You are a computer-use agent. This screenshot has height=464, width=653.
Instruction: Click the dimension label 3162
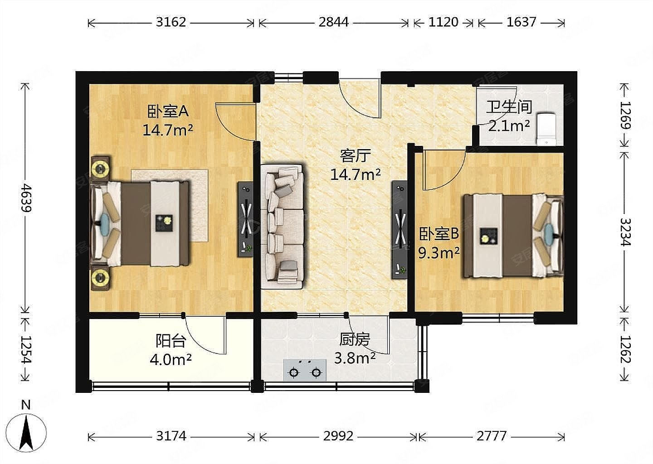pyautogui.click(x=171, y=22)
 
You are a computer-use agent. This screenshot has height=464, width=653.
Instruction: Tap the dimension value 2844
pyautogui.click(x=333, y=22)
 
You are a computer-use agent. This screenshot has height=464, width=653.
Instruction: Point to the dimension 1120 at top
pyautogui.click(x=443, y=22)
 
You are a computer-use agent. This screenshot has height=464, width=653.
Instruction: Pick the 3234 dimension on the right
pyautogui.click(x=625, y=232)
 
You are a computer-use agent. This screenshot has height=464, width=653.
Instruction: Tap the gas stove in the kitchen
pyautogui.click(x=305, y=370)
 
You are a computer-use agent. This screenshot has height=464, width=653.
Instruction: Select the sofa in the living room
pyautogui.click(x=283, y=226)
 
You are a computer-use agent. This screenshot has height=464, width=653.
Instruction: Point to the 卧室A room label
pyautogui.click(x=168, y=111)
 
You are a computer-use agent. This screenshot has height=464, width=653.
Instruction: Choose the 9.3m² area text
pyautogui.click(x=439, y=253)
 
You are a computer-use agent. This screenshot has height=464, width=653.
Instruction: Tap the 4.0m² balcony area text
pyautogui.click(x=171, y=360)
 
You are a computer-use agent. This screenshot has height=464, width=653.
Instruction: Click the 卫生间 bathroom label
pyautogui.click(x=509, y=107)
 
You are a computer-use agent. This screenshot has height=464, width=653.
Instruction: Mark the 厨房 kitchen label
pyautogui.click(x=355, y=339)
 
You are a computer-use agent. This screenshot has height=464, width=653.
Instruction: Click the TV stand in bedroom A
pyautogui.click(x=245, y=219)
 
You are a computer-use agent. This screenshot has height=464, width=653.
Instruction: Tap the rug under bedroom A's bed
pyautogui.click(x=170, y=205)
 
